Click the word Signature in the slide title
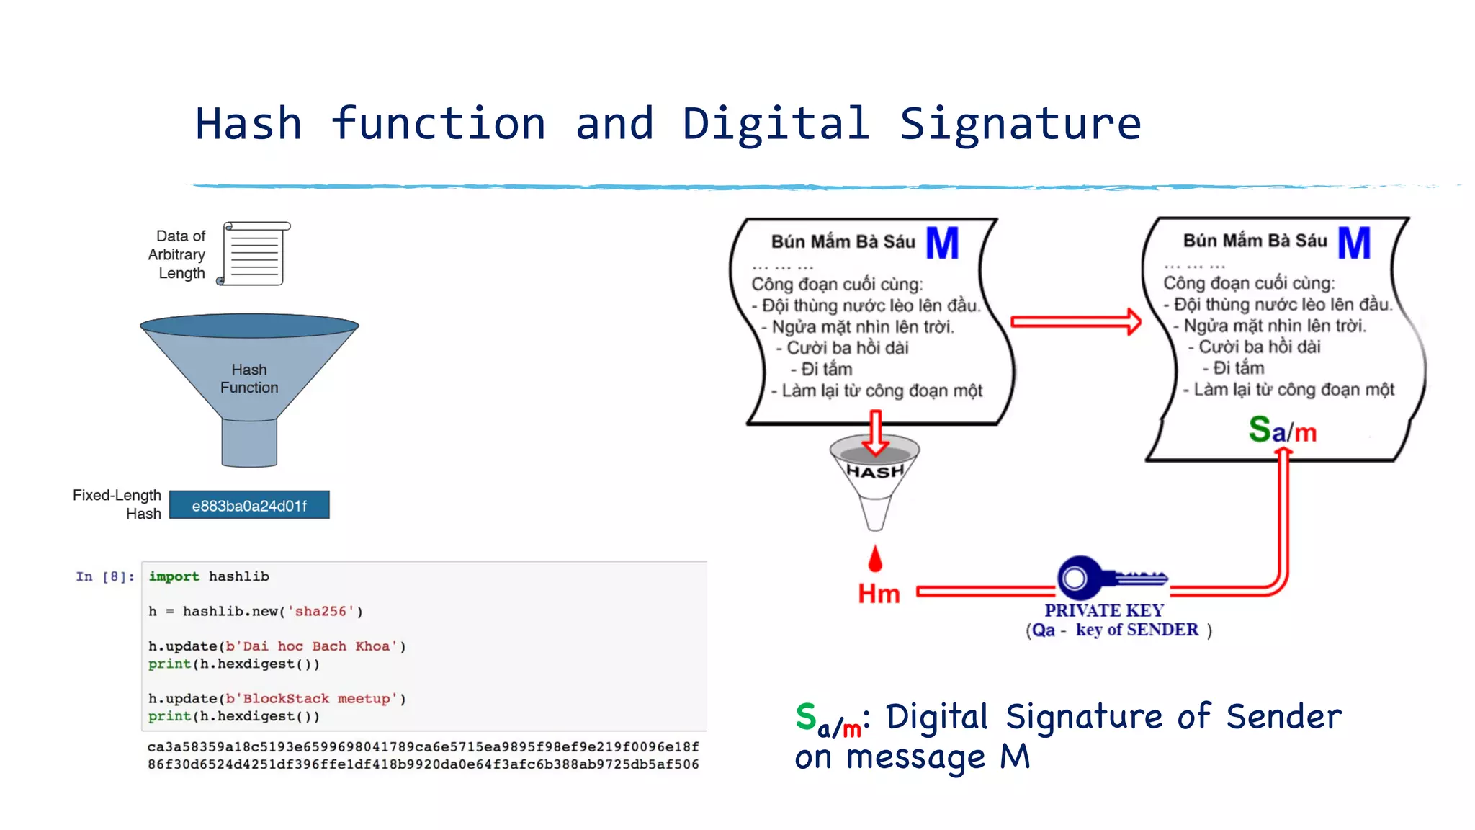point(1020,124)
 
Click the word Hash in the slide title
point(248,124)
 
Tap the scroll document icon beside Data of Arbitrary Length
point(255,254)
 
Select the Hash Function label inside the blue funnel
point(249,378)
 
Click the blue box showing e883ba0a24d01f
point(249,505)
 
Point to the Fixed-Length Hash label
point(117,504)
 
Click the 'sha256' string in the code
point(321,611)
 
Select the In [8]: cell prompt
point(105,576)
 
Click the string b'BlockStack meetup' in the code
point(312,699)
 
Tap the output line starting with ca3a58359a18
point(423,746)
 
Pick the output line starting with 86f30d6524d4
point(423,764)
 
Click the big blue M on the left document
point(942,244)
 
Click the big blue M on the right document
point(1354,243)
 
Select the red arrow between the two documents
point(1075,321)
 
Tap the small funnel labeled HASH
point(875,476)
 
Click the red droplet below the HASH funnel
point(875,559)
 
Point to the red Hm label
point(879,594)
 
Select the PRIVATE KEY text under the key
point(1104,610)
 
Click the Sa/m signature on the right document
point(1282,430)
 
